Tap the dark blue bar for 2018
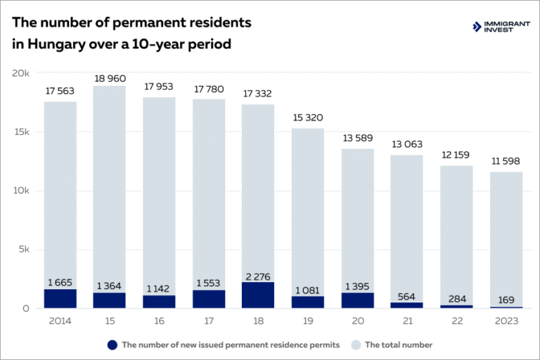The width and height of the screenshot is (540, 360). point(257,295)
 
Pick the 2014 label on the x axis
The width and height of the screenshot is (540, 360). point(60,321)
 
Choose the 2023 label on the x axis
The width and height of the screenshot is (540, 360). point(506,321)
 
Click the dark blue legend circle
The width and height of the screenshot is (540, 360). point(112,345)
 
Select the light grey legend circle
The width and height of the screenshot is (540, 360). point(355,345)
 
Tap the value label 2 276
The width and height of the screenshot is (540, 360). point(257,275)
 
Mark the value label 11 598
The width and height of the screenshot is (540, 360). point(506,162)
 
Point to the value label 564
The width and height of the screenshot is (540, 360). point(406,295)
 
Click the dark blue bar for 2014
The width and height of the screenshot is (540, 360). point(60,298)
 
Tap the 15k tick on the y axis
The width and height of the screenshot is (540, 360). point(20,132)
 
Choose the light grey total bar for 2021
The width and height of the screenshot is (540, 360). point(406,225)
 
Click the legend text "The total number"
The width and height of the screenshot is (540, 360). point(399,345)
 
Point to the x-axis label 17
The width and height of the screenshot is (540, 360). point(208,321)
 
